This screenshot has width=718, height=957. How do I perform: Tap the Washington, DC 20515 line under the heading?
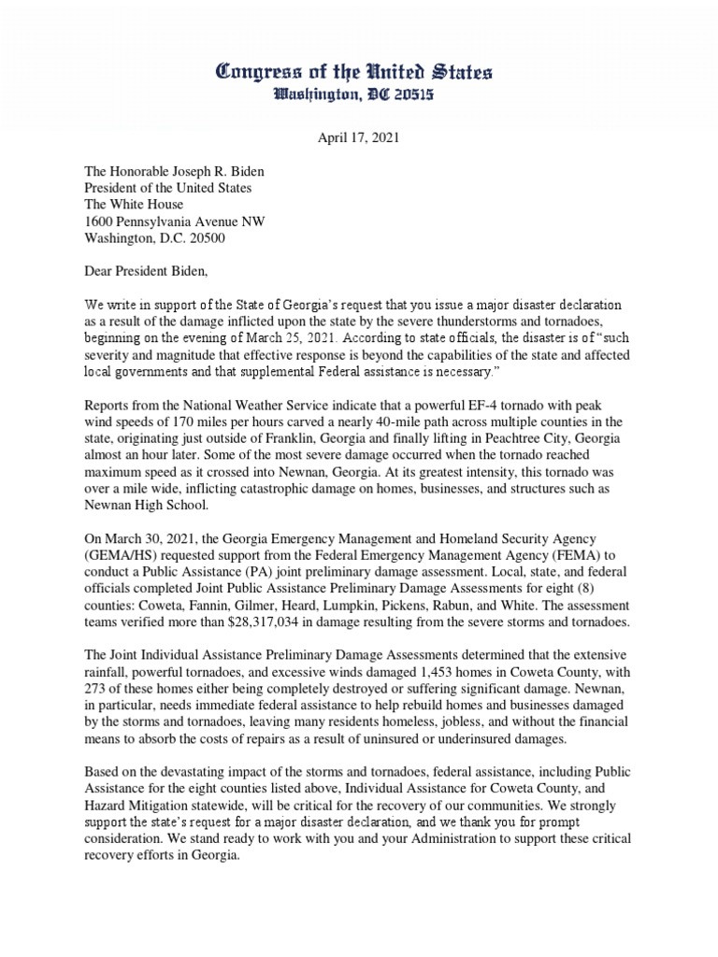[x=359, y=94]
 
